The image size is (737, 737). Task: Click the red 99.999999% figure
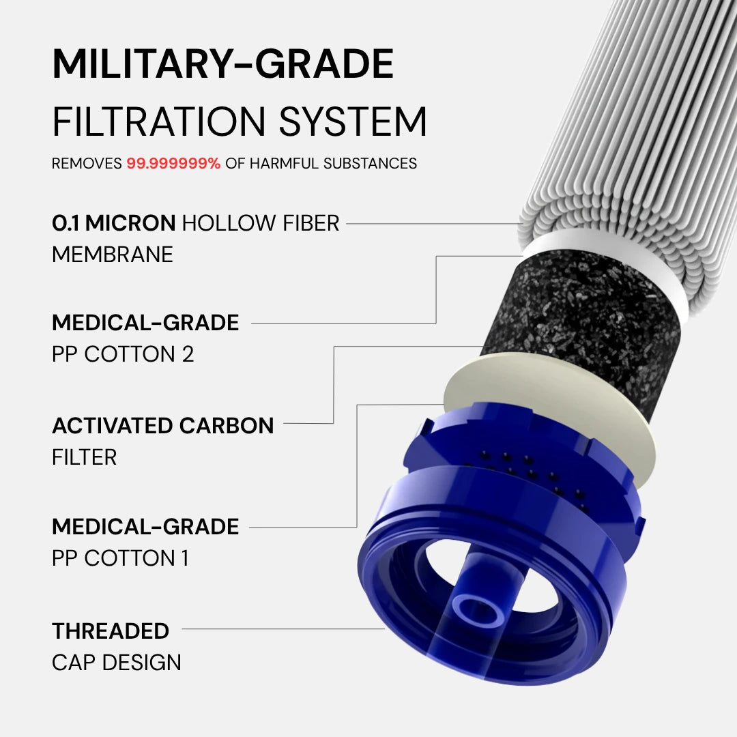click(173, 164)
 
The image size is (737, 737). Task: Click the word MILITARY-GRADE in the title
click(223, 65)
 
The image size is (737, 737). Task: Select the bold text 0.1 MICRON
click(114, 223)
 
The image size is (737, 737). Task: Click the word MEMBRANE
click(113, 255)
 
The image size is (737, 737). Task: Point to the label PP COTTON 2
click(123, 354)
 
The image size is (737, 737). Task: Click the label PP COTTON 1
click(120, 558)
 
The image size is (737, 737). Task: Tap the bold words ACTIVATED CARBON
click(162, 426)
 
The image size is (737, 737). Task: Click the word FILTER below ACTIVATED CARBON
click(84, 457)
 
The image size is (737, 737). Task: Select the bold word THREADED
click(111, 631)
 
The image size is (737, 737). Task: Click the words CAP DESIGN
click(117, 662)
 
